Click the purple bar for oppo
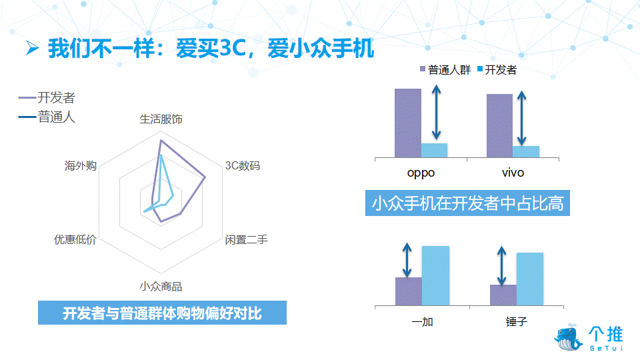click(x=408, y=123)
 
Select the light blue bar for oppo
click(x=434, y=150)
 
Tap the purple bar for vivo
click(x=499, y=126)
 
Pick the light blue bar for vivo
click(x=526, y=152)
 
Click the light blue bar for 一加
click(x=435, y=275)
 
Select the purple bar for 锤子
click(x=503, y=295)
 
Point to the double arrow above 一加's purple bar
click(x=407, y=261)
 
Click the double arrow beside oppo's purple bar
click(x=436, y=112)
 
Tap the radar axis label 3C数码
click(x=243, y=166)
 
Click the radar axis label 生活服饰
click(x=161, y=119)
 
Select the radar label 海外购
click(x=81, y=166)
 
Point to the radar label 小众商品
click(x=161, y=287)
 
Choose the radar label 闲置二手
click(x=246, y=239)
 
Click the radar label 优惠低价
click(x=75, y=239)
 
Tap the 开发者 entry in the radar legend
click(x=47, y=97)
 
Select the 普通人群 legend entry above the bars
click(x=445, y=70)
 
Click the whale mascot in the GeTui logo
click(x=568, y=337)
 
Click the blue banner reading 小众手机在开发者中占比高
click(x=467, y=203)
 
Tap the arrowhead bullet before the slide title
click(x=32, y=48)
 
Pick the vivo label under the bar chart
click(x=513, y=173)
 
